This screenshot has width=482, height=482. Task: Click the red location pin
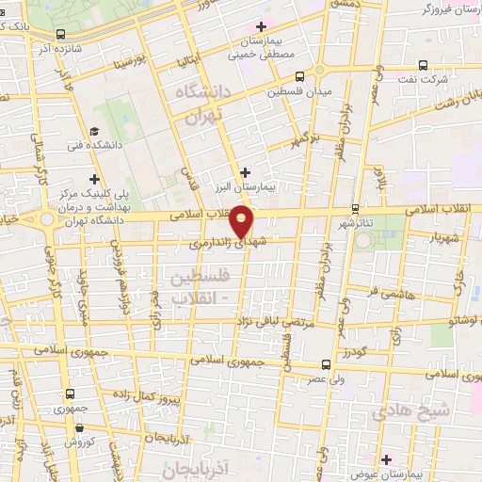click(243, 221)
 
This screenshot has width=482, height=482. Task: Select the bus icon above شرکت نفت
click(422, 66)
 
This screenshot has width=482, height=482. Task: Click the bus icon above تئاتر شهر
click(355, 208)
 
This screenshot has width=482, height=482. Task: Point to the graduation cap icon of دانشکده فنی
click(93, 133)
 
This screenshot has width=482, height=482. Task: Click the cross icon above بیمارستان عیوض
click(386, 458)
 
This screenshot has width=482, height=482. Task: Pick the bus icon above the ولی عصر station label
click(326, 364)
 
